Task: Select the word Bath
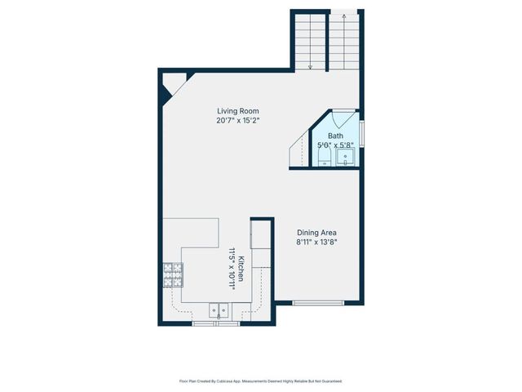click(x=336, y=136)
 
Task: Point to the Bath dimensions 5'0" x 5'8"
click(x=336, y=145)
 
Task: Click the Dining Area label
click(x=316, y=231)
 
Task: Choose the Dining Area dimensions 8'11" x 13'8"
click(x=316, y=241)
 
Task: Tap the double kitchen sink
click(x=219, y=310)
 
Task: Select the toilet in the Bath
click(x=323, y=157)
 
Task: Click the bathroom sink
click(x=347, y=157)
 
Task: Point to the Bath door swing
click(x=343, y=117)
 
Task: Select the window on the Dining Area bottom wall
click(x=316, y=303)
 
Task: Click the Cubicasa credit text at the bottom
click(x=260, y=381)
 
